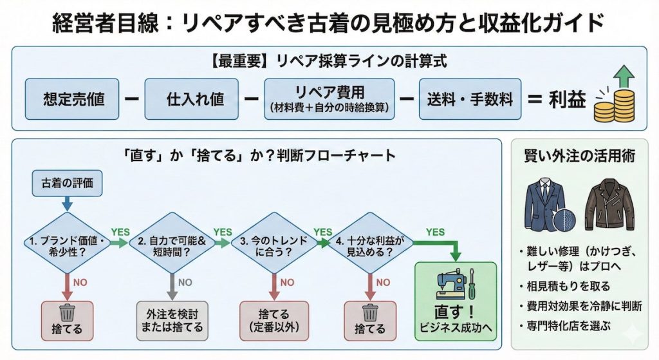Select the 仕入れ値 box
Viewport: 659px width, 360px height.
(191, 99)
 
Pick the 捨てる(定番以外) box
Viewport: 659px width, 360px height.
(270, 319)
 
